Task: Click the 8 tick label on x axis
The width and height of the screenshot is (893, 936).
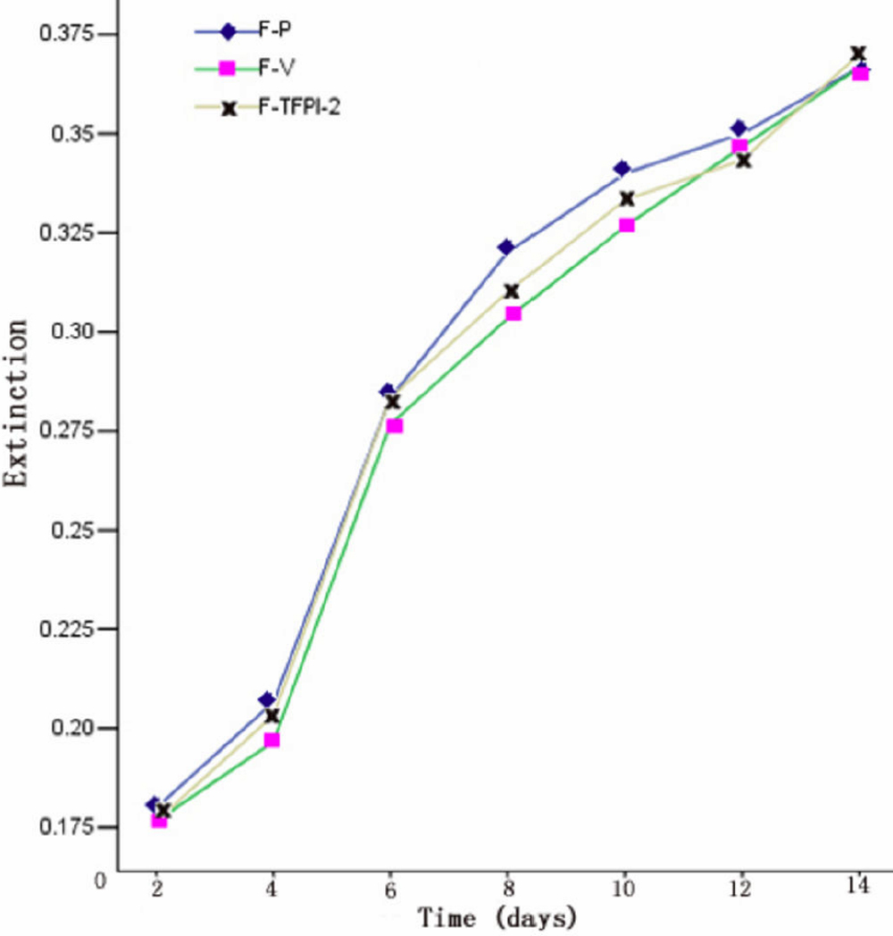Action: (507, 890)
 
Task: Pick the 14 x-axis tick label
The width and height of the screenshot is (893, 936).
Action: (859, 890)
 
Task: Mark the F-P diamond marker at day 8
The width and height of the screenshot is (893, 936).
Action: (506, 247)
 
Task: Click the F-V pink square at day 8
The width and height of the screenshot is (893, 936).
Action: (513, 313)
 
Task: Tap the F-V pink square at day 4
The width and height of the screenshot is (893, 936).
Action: (272, 740)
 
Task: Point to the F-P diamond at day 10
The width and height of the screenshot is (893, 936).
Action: (622, 169)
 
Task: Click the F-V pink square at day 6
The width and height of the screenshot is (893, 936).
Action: (395, 426)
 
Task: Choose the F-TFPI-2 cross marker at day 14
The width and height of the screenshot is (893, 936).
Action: (859, 54)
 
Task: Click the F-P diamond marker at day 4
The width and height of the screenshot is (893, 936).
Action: (267, 700)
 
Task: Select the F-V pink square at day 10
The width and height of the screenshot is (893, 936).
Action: (627, 225)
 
